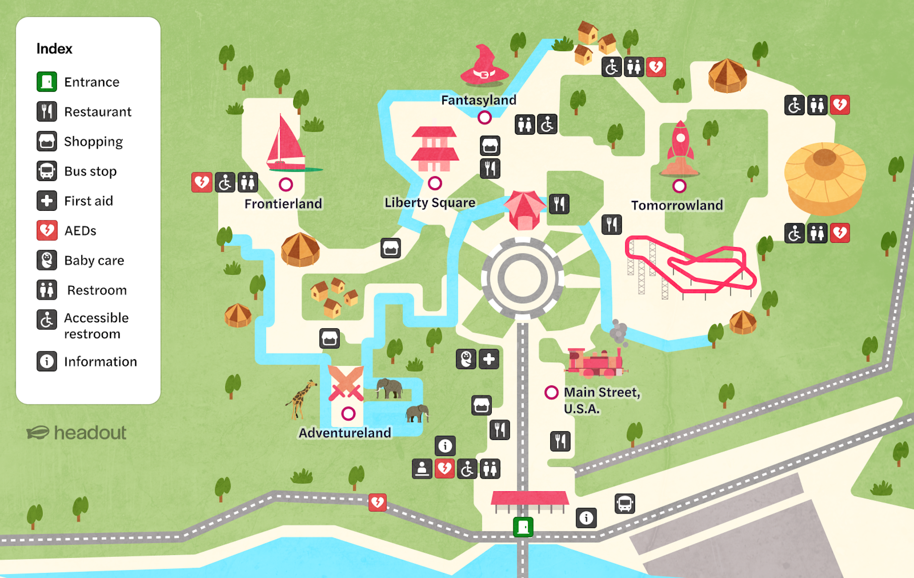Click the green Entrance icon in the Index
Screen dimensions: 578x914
46,82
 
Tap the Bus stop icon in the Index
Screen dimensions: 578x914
46,171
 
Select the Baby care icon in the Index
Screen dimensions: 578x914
46,260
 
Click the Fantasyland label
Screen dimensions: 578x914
478,100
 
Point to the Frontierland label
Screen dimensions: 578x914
283,203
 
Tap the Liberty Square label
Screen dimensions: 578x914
430,202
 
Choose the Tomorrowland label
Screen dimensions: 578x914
677,205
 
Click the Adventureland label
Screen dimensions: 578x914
345,433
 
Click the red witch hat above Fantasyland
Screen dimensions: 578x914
484,66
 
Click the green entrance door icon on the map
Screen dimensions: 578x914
523,527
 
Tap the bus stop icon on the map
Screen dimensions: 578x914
625,503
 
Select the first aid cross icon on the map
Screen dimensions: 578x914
489,359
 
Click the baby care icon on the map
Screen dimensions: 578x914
466,359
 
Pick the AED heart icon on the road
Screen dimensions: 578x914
377,502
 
